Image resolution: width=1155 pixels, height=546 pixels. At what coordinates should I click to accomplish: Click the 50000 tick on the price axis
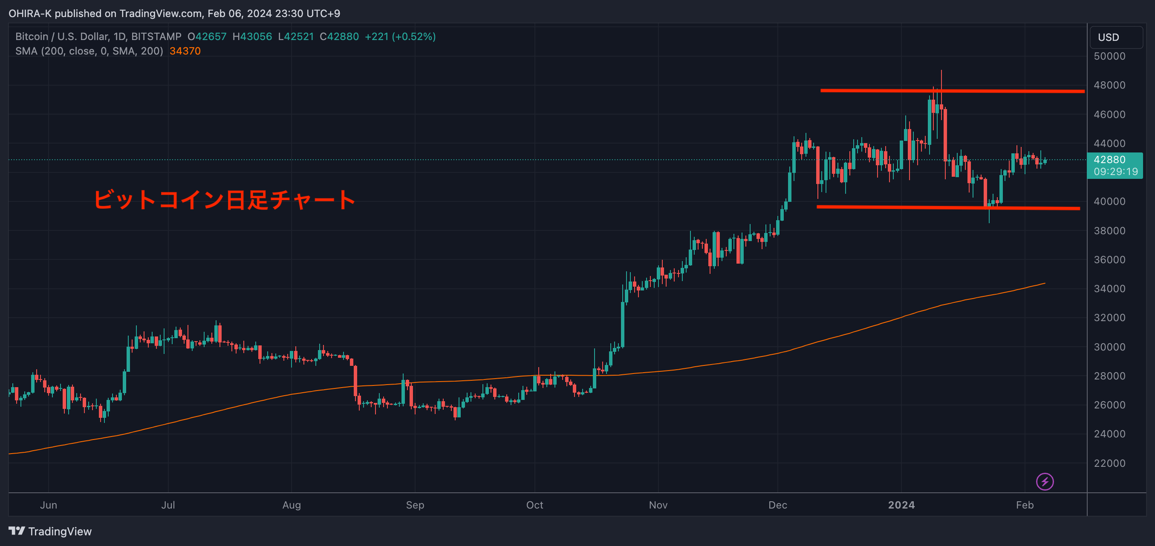coord(1109,57)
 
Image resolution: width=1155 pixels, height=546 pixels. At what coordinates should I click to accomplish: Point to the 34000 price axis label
coord(1109,289)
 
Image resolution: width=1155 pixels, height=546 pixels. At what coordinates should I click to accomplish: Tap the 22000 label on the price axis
coord(1109,463)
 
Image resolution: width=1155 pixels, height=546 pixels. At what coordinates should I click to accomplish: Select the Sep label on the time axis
coord(415,505)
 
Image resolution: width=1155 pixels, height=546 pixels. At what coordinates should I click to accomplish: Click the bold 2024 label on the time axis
coord(901,505)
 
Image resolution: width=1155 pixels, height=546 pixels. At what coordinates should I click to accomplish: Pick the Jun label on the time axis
coord(49,505)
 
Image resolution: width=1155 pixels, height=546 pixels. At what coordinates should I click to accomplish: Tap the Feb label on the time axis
coord(1025,505)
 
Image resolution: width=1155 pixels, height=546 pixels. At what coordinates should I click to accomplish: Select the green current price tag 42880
coord(1115,165)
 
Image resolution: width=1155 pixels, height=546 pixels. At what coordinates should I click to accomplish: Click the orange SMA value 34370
coord(185,51)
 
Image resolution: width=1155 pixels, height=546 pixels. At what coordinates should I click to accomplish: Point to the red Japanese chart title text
coord(224,200)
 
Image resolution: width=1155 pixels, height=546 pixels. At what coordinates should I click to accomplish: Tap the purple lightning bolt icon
coord(1045,482)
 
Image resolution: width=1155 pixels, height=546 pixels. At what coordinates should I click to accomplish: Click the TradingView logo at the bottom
coord(50,531)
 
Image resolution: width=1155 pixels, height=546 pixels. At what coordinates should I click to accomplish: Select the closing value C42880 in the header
coord(339,37)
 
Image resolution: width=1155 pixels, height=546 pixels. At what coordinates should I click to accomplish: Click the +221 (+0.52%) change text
coord(400,37)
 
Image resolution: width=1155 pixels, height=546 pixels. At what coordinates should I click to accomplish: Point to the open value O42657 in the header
coord(207,37)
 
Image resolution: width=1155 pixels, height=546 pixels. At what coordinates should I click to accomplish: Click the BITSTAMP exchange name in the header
coord(156,37)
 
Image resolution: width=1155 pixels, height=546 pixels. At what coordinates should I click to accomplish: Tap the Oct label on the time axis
coord(534,505)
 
